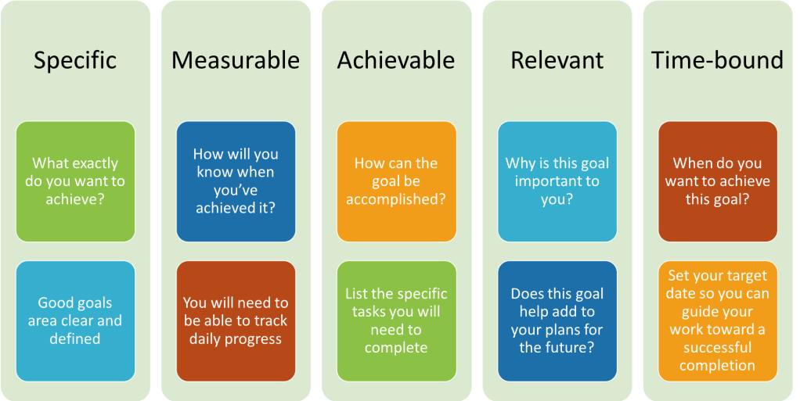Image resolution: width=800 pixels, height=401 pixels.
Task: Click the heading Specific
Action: click(75, 61)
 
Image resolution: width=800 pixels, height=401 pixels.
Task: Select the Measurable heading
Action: click(235, 60)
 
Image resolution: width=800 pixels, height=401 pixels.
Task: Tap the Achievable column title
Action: click(396, 60)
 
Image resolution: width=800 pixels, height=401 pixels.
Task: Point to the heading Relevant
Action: click(557, 60)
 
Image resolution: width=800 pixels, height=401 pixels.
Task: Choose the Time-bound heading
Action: click(717, 60)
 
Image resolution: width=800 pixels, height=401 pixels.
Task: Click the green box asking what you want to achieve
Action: click(75, 181)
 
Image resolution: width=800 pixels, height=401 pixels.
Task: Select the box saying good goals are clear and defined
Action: click(75, 321)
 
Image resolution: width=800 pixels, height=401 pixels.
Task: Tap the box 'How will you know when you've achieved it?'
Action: click(236, 181)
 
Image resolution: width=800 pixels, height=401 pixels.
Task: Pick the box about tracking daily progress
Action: click(236, 321)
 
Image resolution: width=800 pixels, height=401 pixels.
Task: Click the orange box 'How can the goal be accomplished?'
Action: click(396, 181)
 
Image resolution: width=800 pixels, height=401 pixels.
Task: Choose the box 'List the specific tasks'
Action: click(396, 321)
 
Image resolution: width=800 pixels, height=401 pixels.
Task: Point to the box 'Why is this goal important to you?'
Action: click(557, 181)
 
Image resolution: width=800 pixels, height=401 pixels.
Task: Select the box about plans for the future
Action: click(557, 321)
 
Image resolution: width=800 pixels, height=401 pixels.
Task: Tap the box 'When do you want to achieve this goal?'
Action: click(718, 181)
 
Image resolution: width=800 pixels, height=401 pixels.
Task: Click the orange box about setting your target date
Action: click(718, 321)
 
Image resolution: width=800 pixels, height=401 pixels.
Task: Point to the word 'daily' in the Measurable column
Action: click(206, 339)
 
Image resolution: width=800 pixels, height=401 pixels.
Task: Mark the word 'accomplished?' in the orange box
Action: click(396, 200)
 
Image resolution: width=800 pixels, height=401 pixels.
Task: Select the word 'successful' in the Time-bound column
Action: click(717, 348)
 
